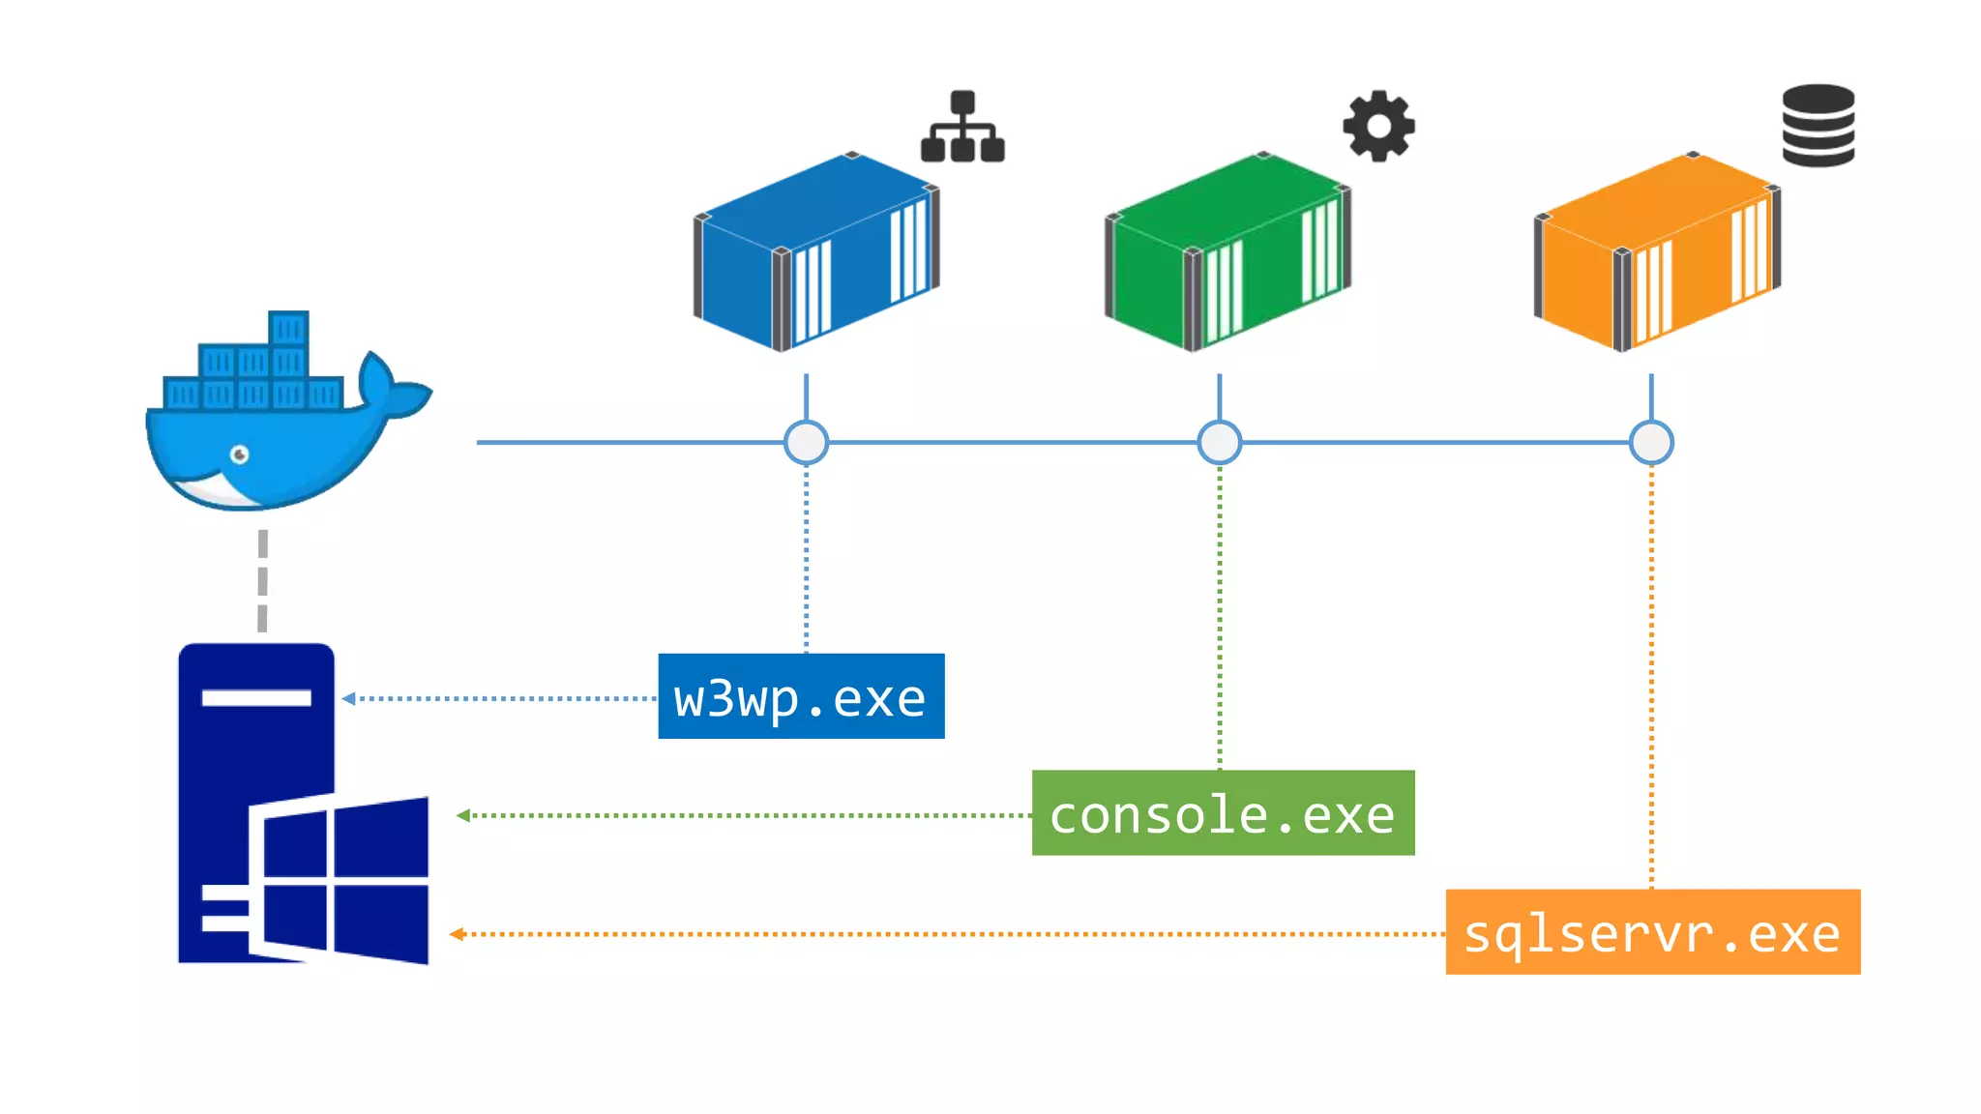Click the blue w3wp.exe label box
[801, 696]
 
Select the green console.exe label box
[1223, 813]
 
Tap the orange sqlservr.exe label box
[1652, 931]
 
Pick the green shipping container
[1227, 251]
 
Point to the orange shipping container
[1657, 251]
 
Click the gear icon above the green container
[1378, 126]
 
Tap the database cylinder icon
[1818, 126]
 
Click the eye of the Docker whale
[240, 454]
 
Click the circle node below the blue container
[806, 443]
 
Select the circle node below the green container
[1219, 443]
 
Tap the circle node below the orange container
[1651, 443]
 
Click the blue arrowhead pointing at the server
[349, 698]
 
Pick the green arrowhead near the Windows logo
[463, 815]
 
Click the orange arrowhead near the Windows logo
[457, 934]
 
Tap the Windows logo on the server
[343, 880]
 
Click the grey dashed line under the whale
[262, 580]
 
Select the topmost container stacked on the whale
[288, 329]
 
